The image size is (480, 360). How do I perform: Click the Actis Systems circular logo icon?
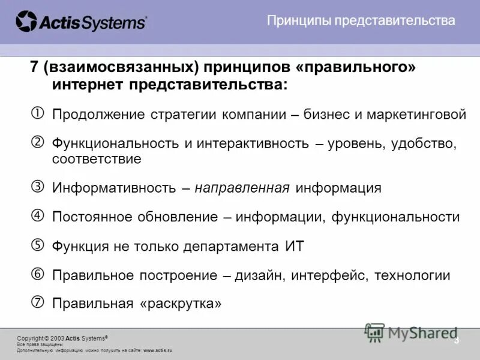pos(26,22)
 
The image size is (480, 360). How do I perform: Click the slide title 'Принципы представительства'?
pos(361,21)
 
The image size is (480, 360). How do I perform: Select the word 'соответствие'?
pos(97,160)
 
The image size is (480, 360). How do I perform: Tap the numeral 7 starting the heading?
pos(34,67)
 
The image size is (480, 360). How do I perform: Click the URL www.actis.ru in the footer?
pos(158,350)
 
